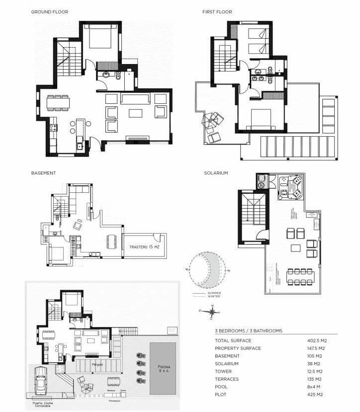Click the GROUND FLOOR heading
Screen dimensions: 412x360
(x=50, y=12)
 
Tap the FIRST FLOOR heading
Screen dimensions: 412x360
(x=217, y=12)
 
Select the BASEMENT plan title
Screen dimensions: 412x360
(x=43, y=173)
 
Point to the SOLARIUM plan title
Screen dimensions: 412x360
(x=216, y=173)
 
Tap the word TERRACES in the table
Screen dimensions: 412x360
(x=226, y=379)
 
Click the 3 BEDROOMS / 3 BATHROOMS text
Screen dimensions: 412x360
(x=249, y=330)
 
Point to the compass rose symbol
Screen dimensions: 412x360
(x=212, y=312)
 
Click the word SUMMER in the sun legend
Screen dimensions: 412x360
(x=214, y=293)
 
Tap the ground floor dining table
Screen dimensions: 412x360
(x=58, y=103)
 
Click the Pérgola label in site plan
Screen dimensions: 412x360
(x=98, y=364)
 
